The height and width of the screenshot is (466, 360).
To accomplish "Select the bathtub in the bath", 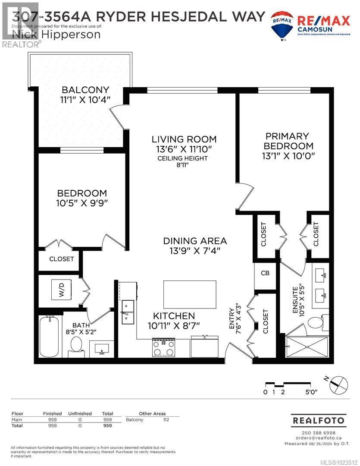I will point(49,337).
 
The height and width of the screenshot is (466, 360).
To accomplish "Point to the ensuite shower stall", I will point(307,347).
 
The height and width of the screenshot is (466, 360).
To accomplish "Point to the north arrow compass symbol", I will point(339,384).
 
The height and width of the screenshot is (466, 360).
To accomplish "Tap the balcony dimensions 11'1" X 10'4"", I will point(85,100).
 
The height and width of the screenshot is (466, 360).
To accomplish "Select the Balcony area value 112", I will point(166,419).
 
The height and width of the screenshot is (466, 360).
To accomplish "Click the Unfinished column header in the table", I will point(80,414).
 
